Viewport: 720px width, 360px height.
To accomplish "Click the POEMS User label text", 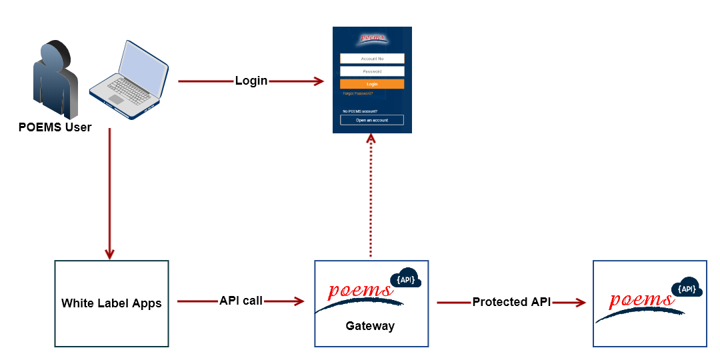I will click(x=55, y=127).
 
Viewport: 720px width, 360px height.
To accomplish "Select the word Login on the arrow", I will click(x=251, y=81).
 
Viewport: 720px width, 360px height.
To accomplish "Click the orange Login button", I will click(x=372, y=84).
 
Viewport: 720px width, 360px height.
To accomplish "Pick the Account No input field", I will click(x=372, y=59).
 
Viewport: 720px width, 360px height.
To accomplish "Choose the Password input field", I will click(x=372, y=71).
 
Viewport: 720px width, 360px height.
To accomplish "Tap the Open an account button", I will click(x=372, y=120).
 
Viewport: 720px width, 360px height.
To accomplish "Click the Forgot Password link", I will click(x=357, y=94).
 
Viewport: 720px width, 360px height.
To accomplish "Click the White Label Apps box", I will click(x=111, y=303).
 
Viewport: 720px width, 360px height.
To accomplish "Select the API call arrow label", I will click(x=241, y=301).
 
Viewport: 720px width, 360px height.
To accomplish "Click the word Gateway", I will click(x=370, y=326).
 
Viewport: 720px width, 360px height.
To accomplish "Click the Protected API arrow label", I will click(x=511, y=302).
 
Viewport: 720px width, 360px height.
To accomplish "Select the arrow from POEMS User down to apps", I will click(x=109, y=193).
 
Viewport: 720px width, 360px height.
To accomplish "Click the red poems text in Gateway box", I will click(x=361, y=291).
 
